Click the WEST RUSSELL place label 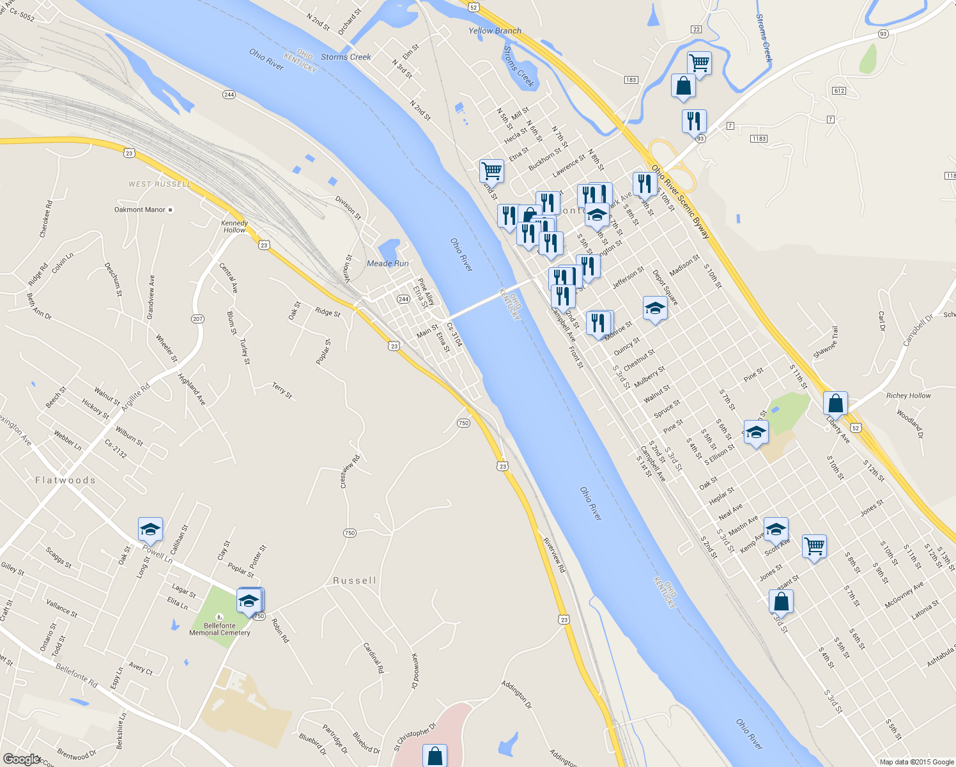[x=159, y=184]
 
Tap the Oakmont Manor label [x=140, y=210]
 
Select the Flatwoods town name [x=65, y=480]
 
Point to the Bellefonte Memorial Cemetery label [x=220, y=630]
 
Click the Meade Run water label [x=387, y=263]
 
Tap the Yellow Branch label [x=495, y=31]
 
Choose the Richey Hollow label [x=908, y=396]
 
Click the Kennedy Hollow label [x=235, y=226]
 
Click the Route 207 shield [x=197, y=319]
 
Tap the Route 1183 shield [x=759, y=139]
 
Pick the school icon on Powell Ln [x=150, y=529]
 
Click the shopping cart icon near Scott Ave [x=814, y=546]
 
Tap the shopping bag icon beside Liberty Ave [x=835, y=404]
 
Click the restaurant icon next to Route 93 [x=693, y=121]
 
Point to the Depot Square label [x=665, y=287]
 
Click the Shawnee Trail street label [x=825, y=342]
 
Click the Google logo [x=21, y=759]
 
